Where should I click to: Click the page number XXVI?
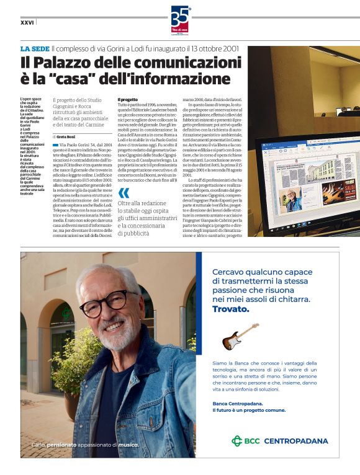point(27,22)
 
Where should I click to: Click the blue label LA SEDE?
point(34,48)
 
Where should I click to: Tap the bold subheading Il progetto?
point(128,99)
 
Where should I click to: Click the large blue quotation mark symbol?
point(124,192)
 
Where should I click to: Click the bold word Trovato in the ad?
point(230,309)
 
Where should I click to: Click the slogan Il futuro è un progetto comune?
point(250,411)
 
